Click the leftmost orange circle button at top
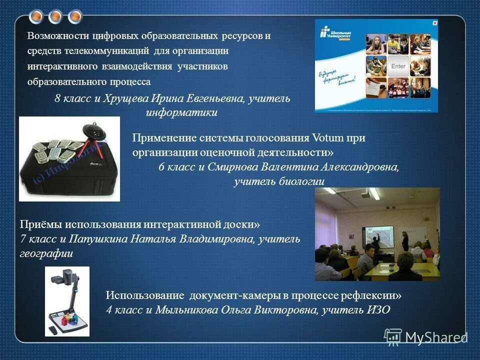coord(36,17)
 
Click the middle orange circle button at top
coord(55,17)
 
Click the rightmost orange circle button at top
coord(75,17)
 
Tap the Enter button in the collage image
coord(398,66)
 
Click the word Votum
coord(327,138)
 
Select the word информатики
coord(181,113)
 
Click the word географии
coord(46,253)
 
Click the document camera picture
coord(67,301)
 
